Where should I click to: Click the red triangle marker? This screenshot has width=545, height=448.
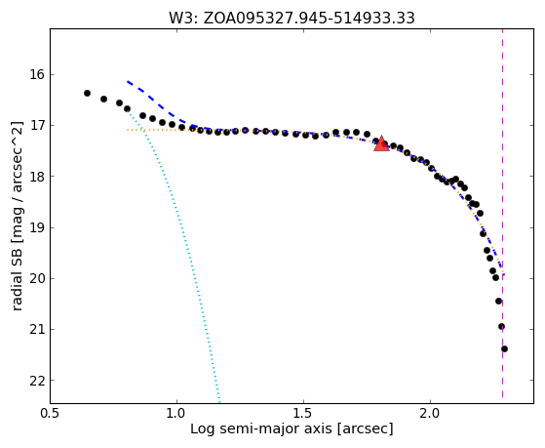[x=381, y=143]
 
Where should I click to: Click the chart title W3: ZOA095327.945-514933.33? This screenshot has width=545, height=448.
[x=292, y=18]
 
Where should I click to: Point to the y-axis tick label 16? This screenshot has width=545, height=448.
[x=37, y=74]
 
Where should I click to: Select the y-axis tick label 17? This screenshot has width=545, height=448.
[x=37, y=125]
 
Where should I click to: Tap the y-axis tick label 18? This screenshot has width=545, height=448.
[x=37, y=177]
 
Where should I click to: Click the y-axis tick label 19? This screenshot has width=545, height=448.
[x=37, y=227]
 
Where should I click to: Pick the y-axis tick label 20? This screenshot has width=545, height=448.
[x=37, y=278]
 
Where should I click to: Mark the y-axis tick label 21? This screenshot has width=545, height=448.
[x=37, y=329]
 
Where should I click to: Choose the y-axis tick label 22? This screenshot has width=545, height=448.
[x=37, y=381]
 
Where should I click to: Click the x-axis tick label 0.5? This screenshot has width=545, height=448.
[x=51, y=414]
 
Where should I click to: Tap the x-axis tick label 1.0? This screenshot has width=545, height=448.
[x=176, y=414]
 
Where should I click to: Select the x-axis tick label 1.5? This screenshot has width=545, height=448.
[x=304, y=414]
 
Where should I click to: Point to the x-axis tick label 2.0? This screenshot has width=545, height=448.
[x=430, y=414]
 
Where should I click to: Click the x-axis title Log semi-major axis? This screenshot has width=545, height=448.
[x=261, y=429]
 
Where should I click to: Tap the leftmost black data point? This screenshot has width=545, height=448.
[x=87, y=93]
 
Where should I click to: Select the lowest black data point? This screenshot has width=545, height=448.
[x=504, y=348]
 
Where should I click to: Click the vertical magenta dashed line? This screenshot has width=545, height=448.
[x=503, y=213]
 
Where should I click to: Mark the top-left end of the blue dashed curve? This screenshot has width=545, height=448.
[x=128, y=81]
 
